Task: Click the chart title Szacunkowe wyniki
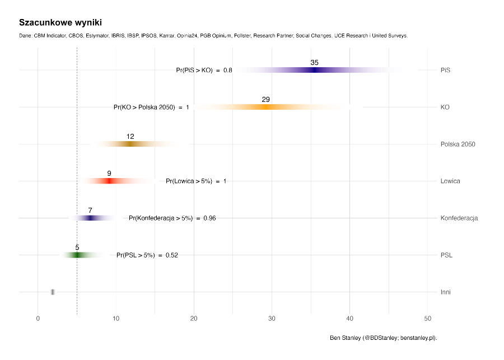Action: tap(60, 22)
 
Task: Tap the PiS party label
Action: tap(445, 71)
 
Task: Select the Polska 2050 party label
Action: tap(458, 144)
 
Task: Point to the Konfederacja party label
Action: tap(459, 218)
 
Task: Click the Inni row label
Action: tap(445, 292)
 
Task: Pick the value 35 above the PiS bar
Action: tap(314, 63)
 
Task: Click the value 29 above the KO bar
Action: tap(265, 100)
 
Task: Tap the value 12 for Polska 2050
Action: tap(130, 137)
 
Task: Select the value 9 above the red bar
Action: tap(109, 174)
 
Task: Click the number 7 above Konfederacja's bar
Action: tap(90, 211)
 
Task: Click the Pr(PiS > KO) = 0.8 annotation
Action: tap(204, 71)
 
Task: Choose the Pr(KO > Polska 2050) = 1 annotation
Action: tap(151, 107)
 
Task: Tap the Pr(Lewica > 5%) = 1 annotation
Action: tap(196, 181)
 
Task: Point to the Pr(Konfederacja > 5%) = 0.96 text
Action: tap(172, 218)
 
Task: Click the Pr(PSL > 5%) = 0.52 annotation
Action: tap(147, 255)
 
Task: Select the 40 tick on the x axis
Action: tap(350, 319)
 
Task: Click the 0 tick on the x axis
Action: tap(38, 319)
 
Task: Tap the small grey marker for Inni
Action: tap(53, 292)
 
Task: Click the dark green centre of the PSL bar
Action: tap(77, 255)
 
